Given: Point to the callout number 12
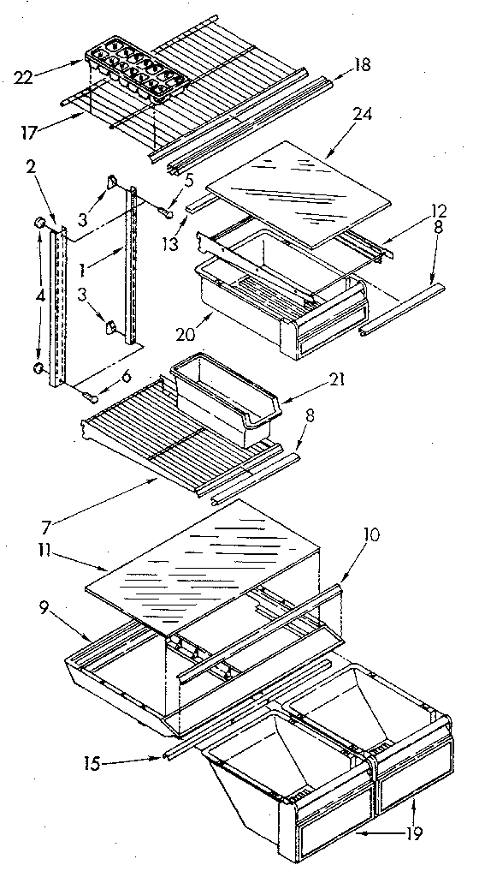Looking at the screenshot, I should [415, 208].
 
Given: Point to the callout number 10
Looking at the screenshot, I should [371, 535].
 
